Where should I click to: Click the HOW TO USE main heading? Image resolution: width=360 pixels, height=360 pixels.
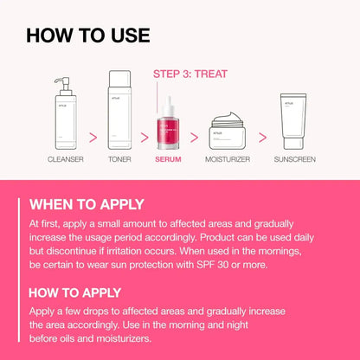[x=87, y=35]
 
